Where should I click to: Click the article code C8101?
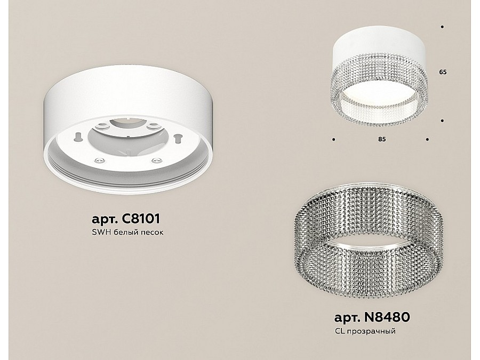tap(141, 219)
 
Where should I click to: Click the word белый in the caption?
tap(124, 233)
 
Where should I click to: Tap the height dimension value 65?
tap(443, 72)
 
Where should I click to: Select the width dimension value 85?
tap(382, 139)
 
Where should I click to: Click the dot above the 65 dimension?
tap(442, 27)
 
